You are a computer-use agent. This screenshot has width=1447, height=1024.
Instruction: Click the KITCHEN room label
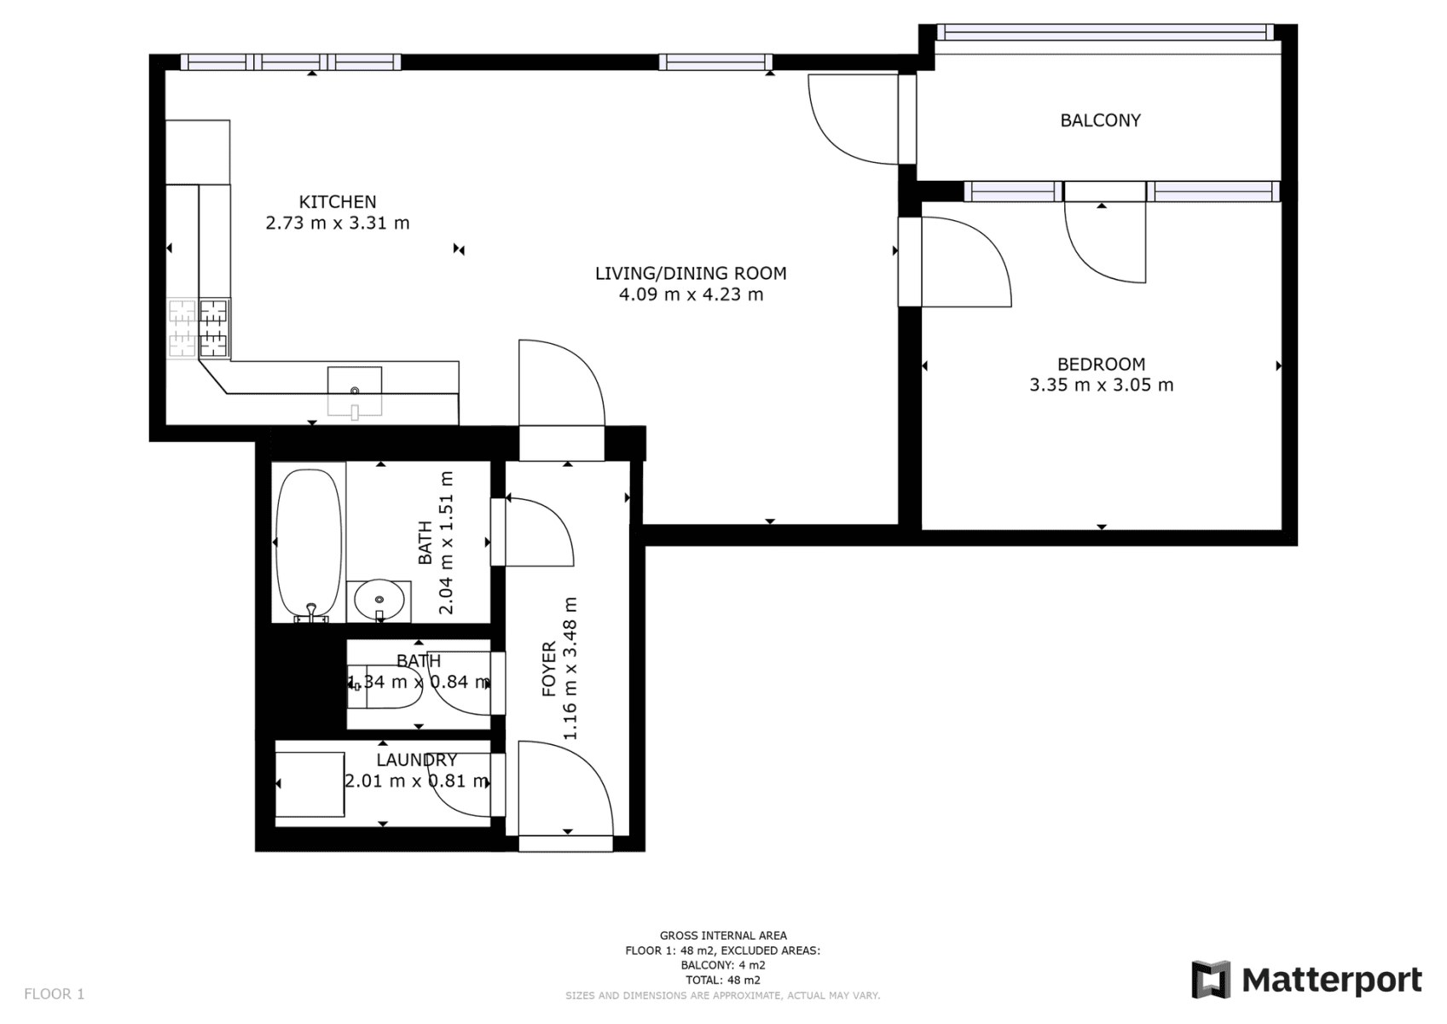click(337, 202)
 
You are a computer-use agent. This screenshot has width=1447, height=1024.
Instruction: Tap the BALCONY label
click(1100, 120)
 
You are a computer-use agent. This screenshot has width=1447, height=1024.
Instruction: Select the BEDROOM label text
click(1101, 364)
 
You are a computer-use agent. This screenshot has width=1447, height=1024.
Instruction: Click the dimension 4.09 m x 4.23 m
click(691, 295)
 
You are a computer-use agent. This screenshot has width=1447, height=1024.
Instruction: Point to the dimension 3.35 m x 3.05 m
click(1101, 385)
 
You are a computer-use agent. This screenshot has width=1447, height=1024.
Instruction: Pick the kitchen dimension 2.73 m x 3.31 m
click(337, 224)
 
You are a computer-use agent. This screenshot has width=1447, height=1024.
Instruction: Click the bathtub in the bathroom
click(309, 543)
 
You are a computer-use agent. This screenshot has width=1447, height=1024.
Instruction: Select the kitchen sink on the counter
click(355, 391)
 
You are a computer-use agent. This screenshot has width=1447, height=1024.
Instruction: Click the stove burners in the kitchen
click(200, 328)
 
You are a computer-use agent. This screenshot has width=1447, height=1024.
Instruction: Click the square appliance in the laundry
click(310, 784)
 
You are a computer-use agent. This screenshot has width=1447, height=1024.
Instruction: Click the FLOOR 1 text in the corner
click(55, 994)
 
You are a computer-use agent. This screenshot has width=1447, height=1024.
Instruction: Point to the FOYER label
click(549, 670)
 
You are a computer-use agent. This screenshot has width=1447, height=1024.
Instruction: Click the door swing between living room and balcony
click(853, 119)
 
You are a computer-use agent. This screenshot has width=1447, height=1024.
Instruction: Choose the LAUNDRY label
click(417, 759)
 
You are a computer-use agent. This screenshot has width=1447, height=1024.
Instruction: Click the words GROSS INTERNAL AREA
click(723, 935)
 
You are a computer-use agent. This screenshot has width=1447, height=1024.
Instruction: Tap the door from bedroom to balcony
click(1104, 239)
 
